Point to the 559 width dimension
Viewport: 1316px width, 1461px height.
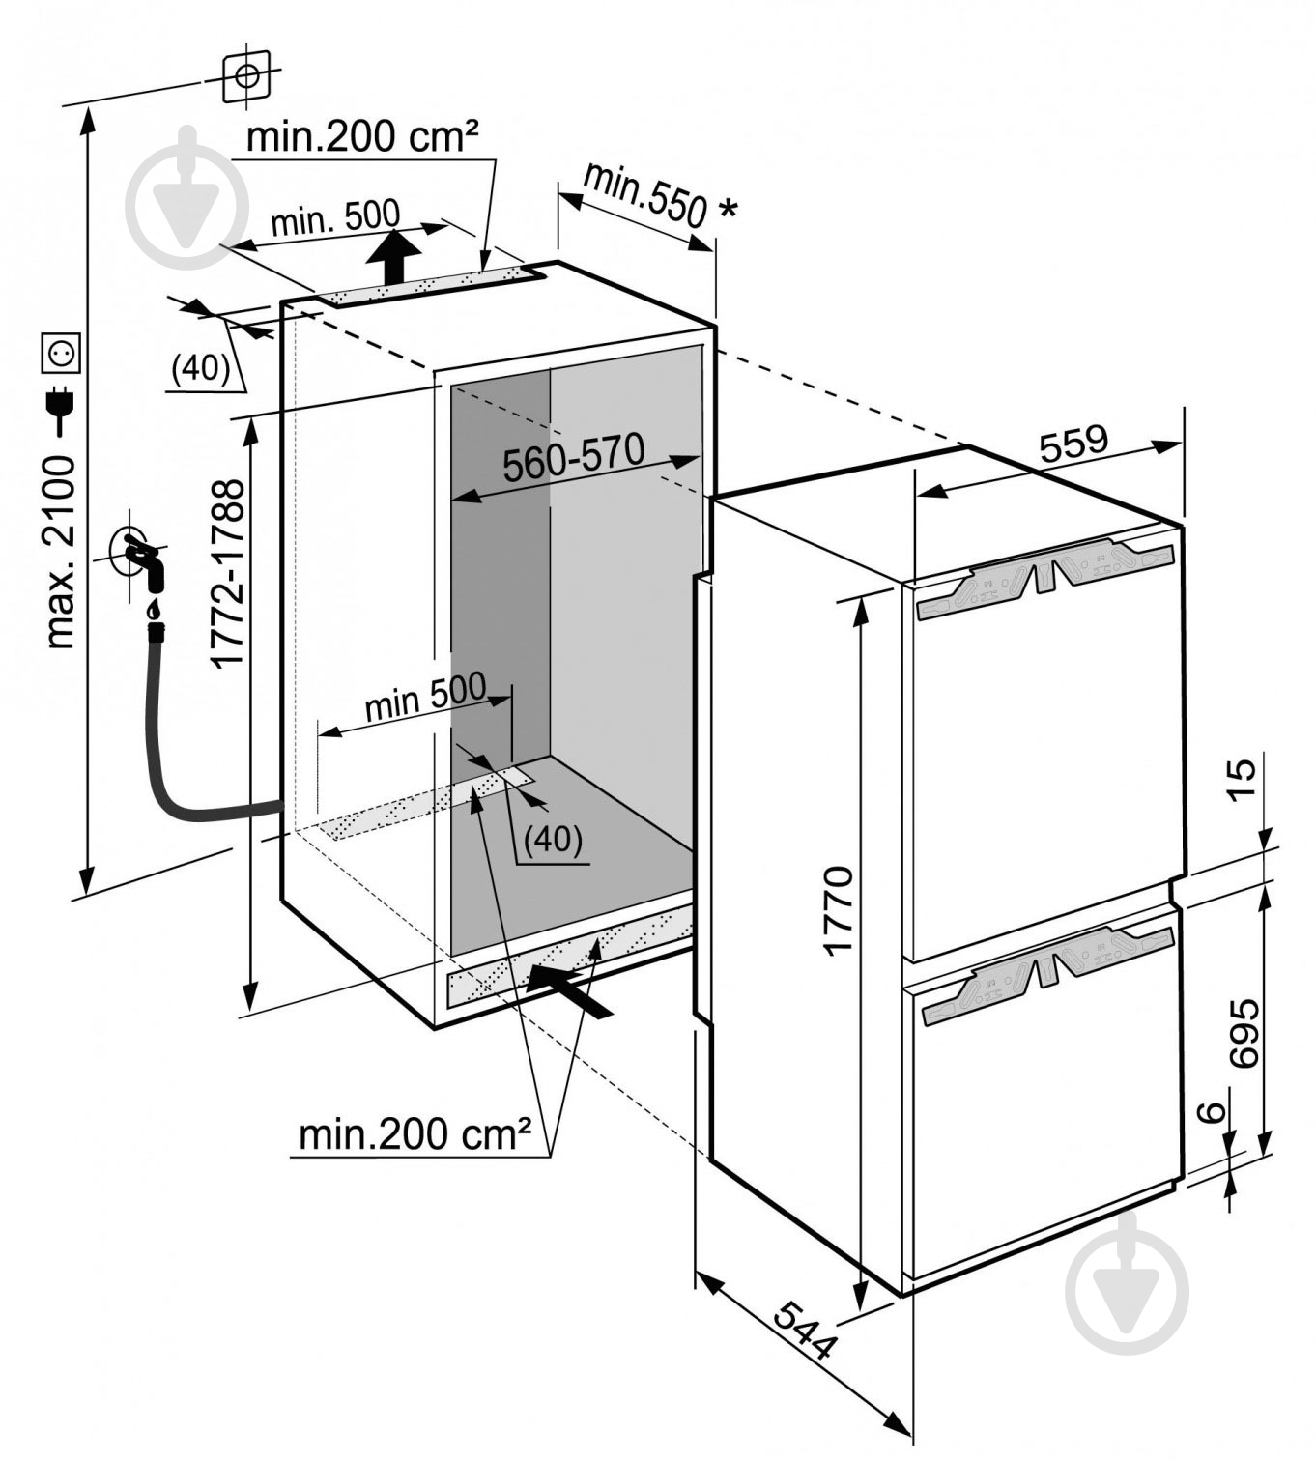1073,444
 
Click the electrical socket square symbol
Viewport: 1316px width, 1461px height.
61,354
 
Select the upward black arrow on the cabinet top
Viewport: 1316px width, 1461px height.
394,256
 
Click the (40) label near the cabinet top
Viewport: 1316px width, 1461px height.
200,368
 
